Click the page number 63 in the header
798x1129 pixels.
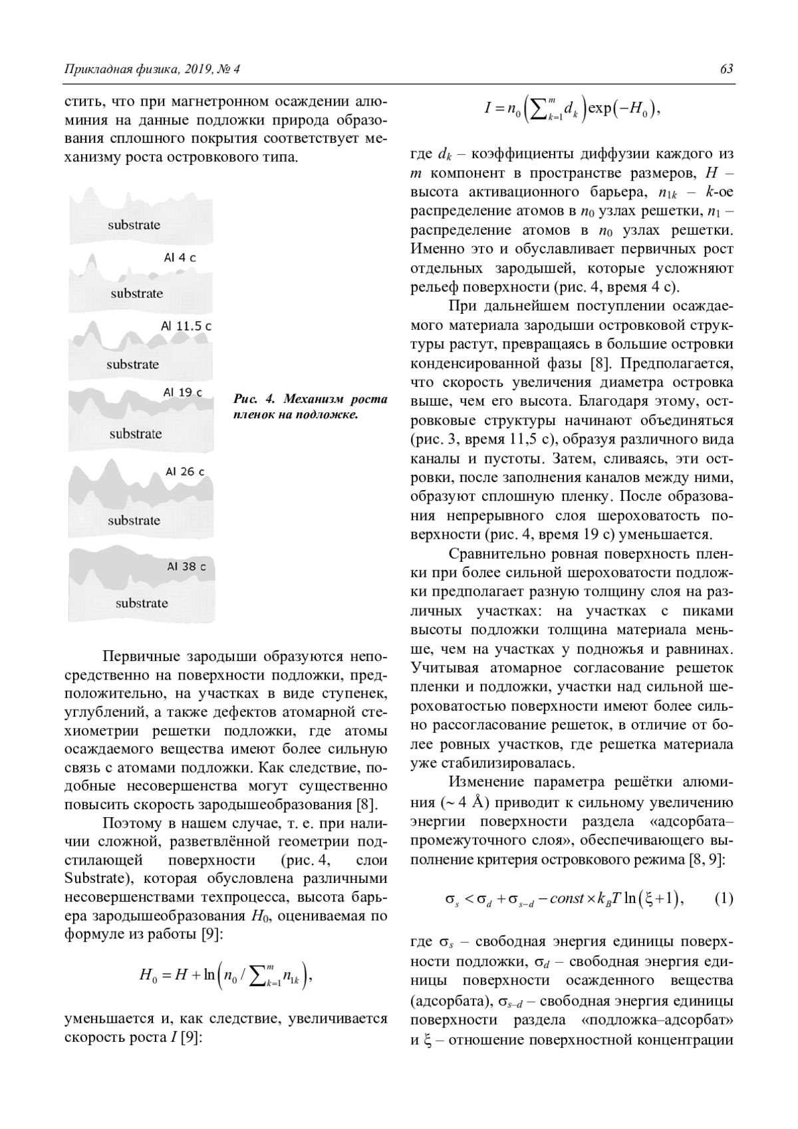click(x=726, y=69)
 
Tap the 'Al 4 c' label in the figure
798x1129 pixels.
click(x=180, y=257)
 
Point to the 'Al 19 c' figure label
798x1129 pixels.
click(x=183, y=392)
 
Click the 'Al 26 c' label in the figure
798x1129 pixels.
click(x=185, y=471)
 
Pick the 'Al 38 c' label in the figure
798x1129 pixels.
click(x=186, y=566)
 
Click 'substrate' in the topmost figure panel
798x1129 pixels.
click(x=134, y=225)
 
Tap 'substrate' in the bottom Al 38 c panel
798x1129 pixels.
click(x=142, y=603)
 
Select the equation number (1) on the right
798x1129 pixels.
click(x=724, y=899)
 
